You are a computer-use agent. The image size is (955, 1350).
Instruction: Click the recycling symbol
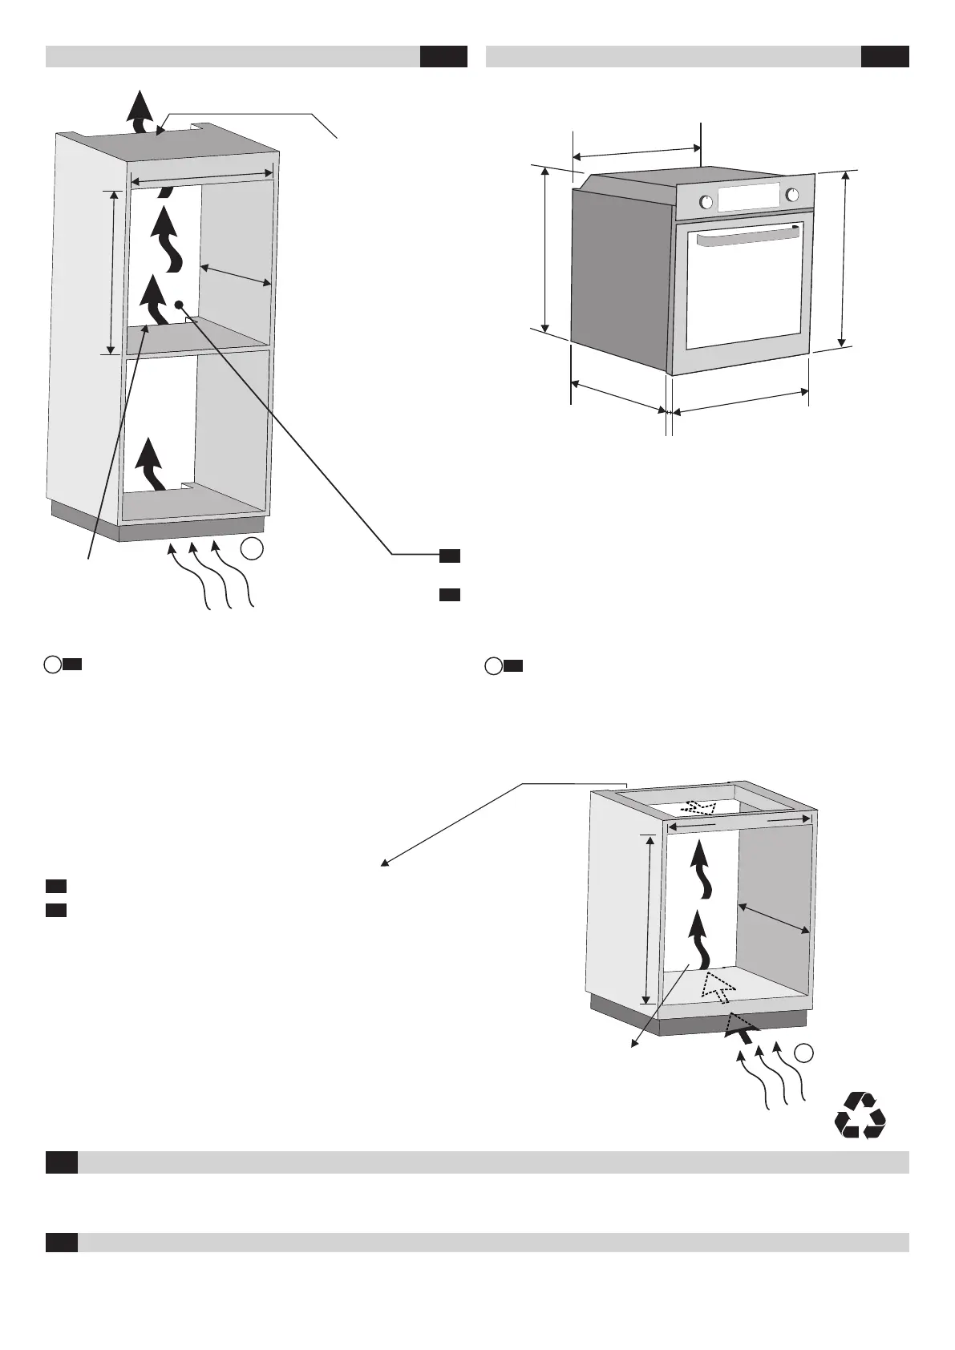coord(860,1115)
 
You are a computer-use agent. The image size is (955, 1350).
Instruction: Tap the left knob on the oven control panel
coord(706,202)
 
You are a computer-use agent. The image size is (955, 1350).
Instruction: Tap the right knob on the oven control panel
coord(792,195)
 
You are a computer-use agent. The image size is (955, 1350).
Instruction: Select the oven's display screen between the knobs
coord(749,198)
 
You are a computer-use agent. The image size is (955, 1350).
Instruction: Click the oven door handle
coord(747,236)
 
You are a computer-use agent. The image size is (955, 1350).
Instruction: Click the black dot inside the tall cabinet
coord(179,305)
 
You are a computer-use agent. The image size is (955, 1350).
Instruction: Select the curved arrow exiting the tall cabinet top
coord(141,111)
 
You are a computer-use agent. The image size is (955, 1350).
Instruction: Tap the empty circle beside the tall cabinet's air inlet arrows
coord(252,549)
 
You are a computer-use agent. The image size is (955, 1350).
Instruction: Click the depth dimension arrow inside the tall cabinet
coord(236,274)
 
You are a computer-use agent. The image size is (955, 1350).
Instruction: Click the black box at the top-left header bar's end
coord(443,57)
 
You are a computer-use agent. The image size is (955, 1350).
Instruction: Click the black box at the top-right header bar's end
coord(884,57)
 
